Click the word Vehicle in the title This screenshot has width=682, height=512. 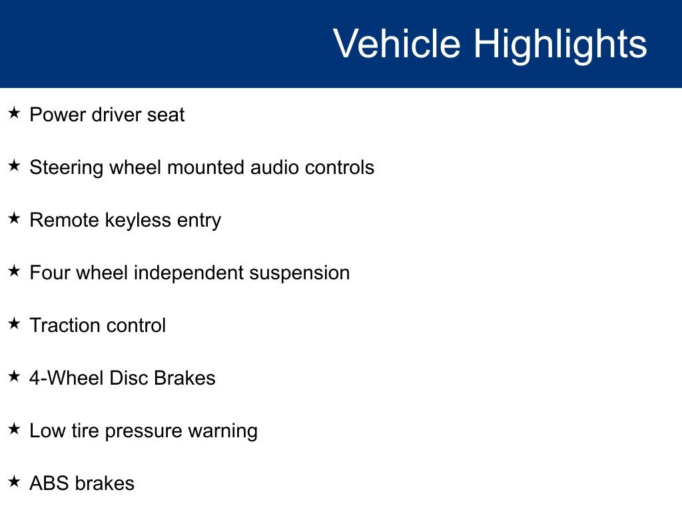click(397, 43)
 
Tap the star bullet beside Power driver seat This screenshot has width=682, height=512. click(15, 113)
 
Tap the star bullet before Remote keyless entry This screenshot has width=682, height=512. click(15, 218)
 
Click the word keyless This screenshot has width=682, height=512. click(138, 221)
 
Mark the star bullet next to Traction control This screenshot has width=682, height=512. click(15, 323)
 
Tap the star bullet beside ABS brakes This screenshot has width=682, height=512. click(15, 481)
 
